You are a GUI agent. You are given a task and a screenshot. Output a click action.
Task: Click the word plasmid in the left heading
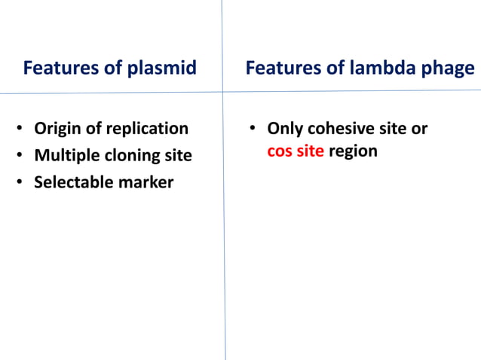coord(161,69)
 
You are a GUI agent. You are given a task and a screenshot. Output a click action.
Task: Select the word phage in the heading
coord(451,69)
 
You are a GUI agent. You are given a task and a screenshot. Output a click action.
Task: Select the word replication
coord(146,129)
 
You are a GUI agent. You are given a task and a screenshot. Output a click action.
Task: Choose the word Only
coord(285,129)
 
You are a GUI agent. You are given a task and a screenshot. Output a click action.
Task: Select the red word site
coord(310,151)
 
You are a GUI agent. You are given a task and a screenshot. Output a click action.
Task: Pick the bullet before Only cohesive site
coord(254,130)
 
